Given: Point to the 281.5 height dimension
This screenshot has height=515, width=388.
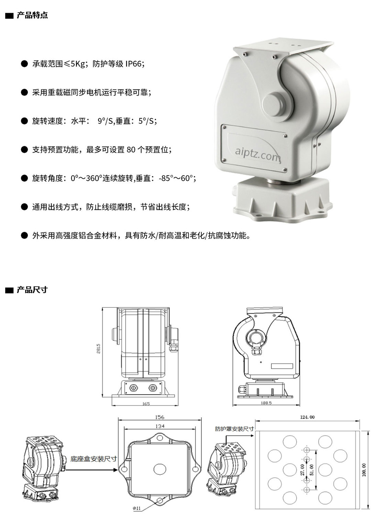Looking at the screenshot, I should coord(99,348).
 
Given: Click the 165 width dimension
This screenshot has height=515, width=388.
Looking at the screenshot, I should coord(146,404).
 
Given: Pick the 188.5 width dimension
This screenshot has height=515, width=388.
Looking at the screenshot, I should coord(266,403).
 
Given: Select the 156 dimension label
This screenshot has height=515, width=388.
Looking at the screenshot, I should coord(160,417).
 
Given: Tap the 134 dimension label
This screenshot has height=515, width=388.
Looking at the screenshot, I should coord(160,426).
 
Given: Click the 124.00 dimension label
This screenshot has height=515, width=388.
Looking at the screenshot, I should coord(307,417).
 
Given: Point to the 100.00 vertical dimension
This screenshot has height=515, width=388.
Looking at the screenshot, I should coord(364,469).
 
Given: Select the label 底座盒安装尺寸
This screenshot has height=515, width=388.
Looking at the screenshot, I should coord(93,459).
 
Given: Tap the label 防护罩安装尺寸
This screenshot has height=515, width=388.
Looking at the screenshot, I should coord(234,429).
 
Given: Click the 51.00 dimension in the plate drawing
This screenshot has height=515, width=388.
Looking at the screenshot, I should coord(312,469).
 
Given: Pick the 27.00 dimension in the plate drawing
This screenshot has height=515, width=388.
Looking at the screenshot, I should coord(302,469).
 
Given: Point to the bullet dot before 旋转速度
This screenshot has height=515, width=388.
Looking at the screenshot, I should coord(24,121).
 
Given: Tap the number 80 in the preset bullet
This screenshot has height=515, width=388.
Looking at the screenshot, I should coord(131,150).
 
